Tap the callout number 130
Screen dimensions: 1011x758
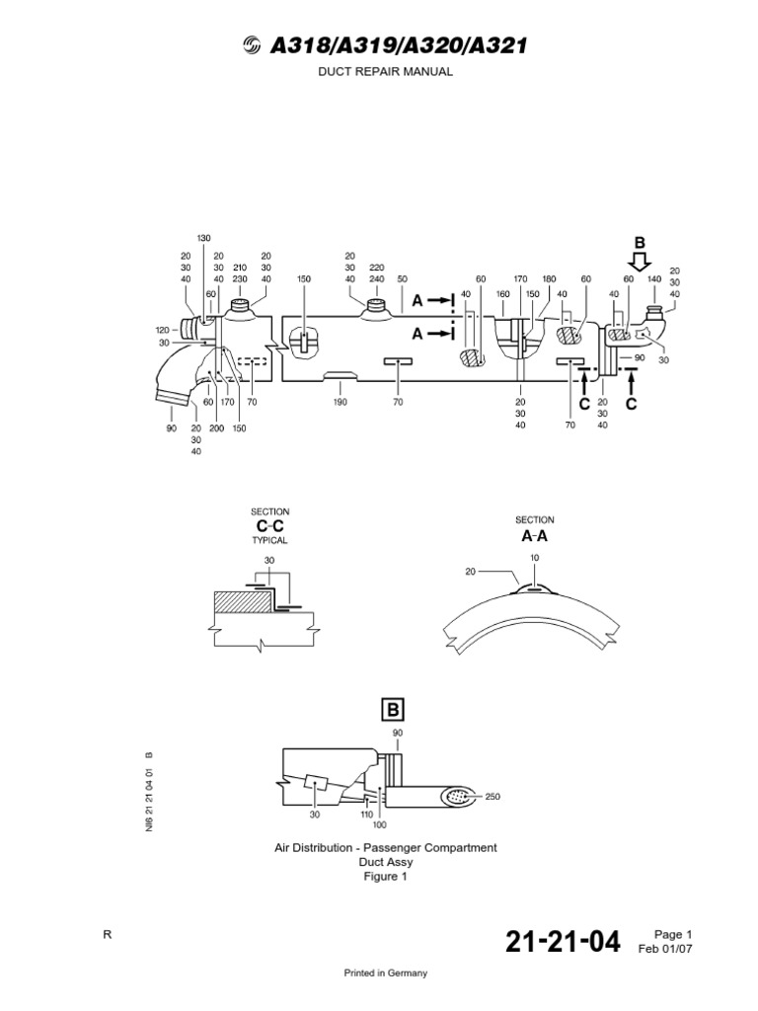[204, 239]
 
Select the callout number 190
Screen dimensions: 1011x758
[341, 403]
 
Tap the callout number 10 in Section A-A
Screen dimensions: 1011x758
[536, 558]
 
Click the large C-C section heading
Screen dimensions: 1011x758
[269, 525]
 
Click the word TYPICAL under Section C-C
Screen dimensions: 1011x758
[269, 541]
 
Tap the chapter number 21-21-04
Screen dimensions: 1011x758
[563, 943]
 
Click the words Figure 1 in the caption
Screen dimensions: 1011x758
[386, 876]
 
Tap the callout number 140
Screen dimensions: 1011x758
[653, 280]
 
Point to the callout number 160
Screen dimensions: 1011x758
[502, 293]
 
